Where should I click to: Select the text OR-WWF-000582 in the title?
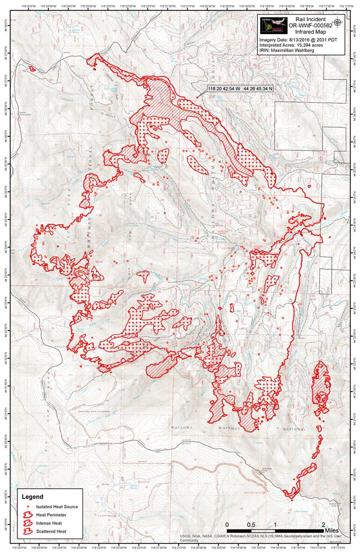(x=311, y=26)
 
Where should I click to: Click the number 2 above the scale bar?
(x=324, y=525)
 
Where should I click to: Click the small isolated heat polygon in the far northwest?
(x=31, y=69)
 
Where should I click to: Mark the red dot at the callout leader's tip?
(x=197, y=98)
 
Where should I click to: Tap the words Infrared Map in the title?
(x=311, y=32)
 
